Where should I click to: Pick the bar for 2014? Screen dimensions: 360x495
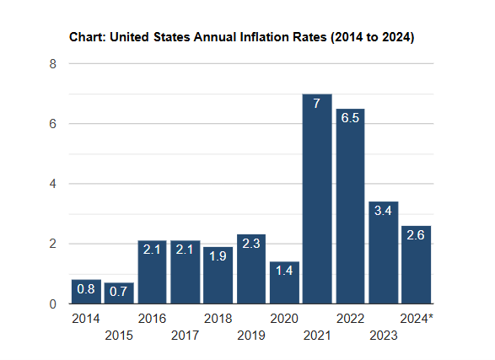point(86,292)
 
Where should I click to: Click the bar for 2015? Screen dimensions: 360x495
point(119,293)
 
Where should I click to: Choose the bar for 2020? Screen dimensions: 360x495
point(284,282)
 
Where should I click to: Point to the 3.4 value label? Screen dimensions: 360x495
point(383,211)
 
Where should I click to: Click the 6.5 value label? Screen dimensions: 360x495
point(350,118)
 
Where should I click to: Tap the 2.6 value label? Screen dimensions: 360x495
point(416,235)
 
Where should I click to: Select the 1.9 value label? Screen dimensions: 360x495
point(218,256)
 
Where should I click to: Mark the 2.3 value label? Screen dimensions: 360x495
point(251,244)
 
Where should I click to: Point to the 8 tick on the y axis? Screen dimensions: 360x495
point(52,64)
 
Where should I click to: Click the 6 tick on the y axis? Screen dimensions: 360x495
point(52,124)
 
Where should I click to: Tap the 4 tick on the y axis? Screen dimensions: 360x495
point(52,184)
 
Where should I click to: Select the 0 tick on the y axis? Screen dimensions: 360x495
point(52,304)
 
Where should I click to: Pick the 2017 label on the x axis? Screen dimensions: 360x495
point(186,336)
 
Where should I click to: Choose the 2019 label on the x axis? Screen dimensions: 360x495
point(251,336)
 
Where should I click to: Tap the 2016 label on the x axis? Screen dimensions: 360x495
point(152,319)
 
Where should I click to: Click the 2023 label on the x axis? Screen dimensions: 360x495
point(383,336)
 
